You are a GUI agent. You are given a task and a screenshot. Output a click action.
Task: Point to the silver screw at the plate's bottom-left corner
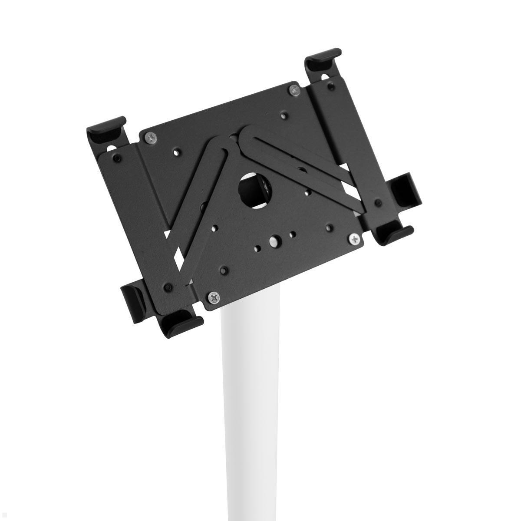(214, 297)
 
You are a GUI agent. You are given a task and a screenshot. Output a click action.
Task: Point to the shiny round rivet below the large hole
(274, 240)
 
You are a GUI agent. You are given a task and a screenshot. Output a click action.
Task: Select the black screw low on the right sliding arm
(379, 202)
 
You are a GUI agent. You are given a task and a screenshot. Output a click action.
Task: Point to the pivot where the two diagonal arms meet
(235, 138)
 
